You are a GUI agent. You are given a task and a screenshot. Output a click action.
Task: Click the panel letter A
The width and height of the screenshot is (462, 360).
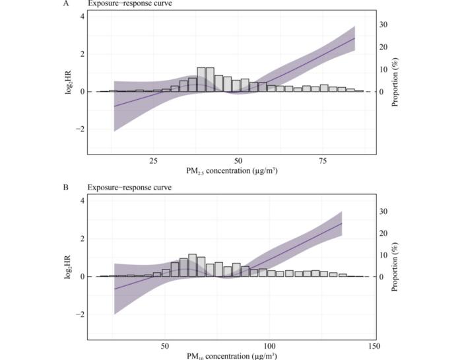click(x=67, y=3)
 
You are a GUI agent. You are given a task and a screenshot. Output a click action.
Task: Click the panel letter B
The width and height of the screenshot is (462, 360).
click(x=67, y=188)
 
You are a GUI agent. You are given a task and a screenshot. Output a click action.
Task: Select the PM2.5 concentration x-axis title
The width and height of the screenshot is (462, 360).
click(x=231, y=171)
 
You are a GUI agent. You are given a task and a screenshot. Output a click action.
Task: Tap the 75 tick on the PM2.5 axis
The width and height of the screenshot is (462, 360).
click(x=323, y=161)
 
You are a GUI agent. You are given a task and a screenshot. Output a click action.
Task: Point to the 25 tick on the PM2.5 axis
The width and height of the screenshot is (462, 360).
click(x=153, y=161)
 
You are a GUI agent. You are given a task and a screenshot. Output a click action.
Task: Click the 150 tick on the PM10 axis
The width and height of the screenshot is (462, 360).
click(x=374, y=345)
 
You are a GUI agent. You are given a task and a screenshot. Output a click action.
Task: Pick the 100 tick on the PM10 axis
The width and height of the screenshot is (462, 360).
click(x=269, y=345)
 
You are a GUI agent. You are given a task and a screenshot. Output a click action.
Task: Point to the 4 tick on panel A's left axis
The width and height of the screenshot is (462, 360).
click(x=81, y=16)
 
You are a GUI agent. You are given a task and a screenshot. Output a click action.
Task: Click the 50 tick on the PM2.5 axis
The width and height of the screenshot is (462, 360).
click(x=238, y=161)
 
